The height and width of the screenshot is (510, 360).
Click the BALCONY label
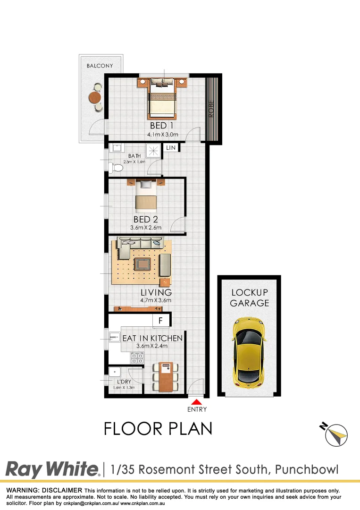(100, 66)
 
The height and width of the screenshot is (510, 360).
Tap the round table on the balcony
(95, 97)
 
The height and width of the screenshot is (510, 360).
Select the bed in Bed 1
(162, 102)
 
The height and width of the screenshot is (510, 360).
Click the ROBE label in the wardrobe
(212, 109)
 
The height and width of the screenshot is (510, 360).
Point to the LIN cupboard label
(170, 148)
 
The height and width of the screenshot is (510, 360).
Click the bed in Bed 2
(145, 196)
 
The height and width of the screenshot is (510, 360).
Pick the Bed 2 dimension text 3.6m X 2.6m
(146, 228)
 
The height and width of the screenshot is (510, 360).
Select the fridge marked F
(160, 321)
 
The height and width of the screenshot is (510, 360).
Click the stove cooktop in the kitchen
(137, 358)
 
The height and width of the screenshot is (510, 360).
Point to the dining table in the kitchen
(166, 377)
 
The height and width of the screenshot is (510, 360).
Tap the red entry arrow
(196, 401)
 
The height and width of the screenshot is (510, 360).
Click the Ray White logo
(52, 470)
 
